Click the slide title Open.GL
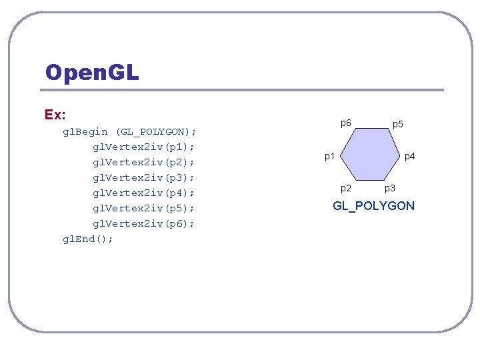(x=92, y=72)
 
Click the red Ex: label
(x=55, y=115)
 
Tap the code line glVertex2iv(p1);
(x=143, y=147)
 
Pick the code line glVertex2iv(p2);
(x=143, y=162)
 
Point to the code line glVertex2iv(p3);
(x=143, y=177)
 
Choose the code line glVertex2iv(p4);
(x=143, y=193)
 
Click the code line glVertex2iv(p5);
(x=143, y=208)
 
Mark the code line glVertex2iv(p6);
(x=143, y=223)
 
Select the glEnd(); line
(x=88, y=239)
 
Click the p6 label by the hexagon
(x=346, y=123)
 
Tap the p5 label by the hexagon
(x=398, y=124)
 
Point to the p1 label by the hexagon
(x=329, y=157)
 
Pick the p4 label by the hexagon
(x=409, y=157)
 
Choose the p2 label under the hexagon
(x=346, y=189)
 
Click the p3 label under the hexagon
(x=390, y=190)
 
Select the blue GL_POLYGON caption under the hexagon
(x=373, y=206)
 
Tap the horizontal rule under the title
(x=244, y=90)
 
